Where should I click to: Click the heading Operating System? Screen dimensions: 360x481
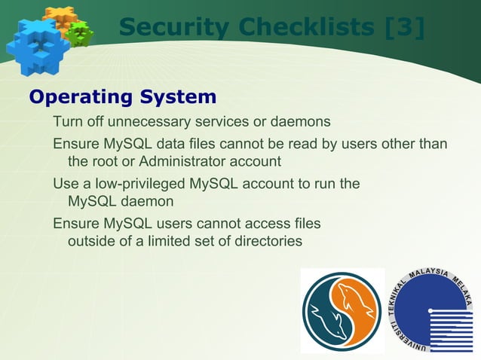(122, 97)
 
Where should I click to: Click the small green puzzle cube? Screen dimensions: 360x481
(79, 32)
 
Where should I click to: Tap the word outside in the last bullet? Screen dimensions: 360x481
(93, 242)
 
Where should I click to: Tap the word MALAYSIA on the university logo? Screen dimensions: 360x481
(432, 276)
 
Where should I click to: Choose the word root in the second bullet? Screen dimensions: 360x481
(104, 161)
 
